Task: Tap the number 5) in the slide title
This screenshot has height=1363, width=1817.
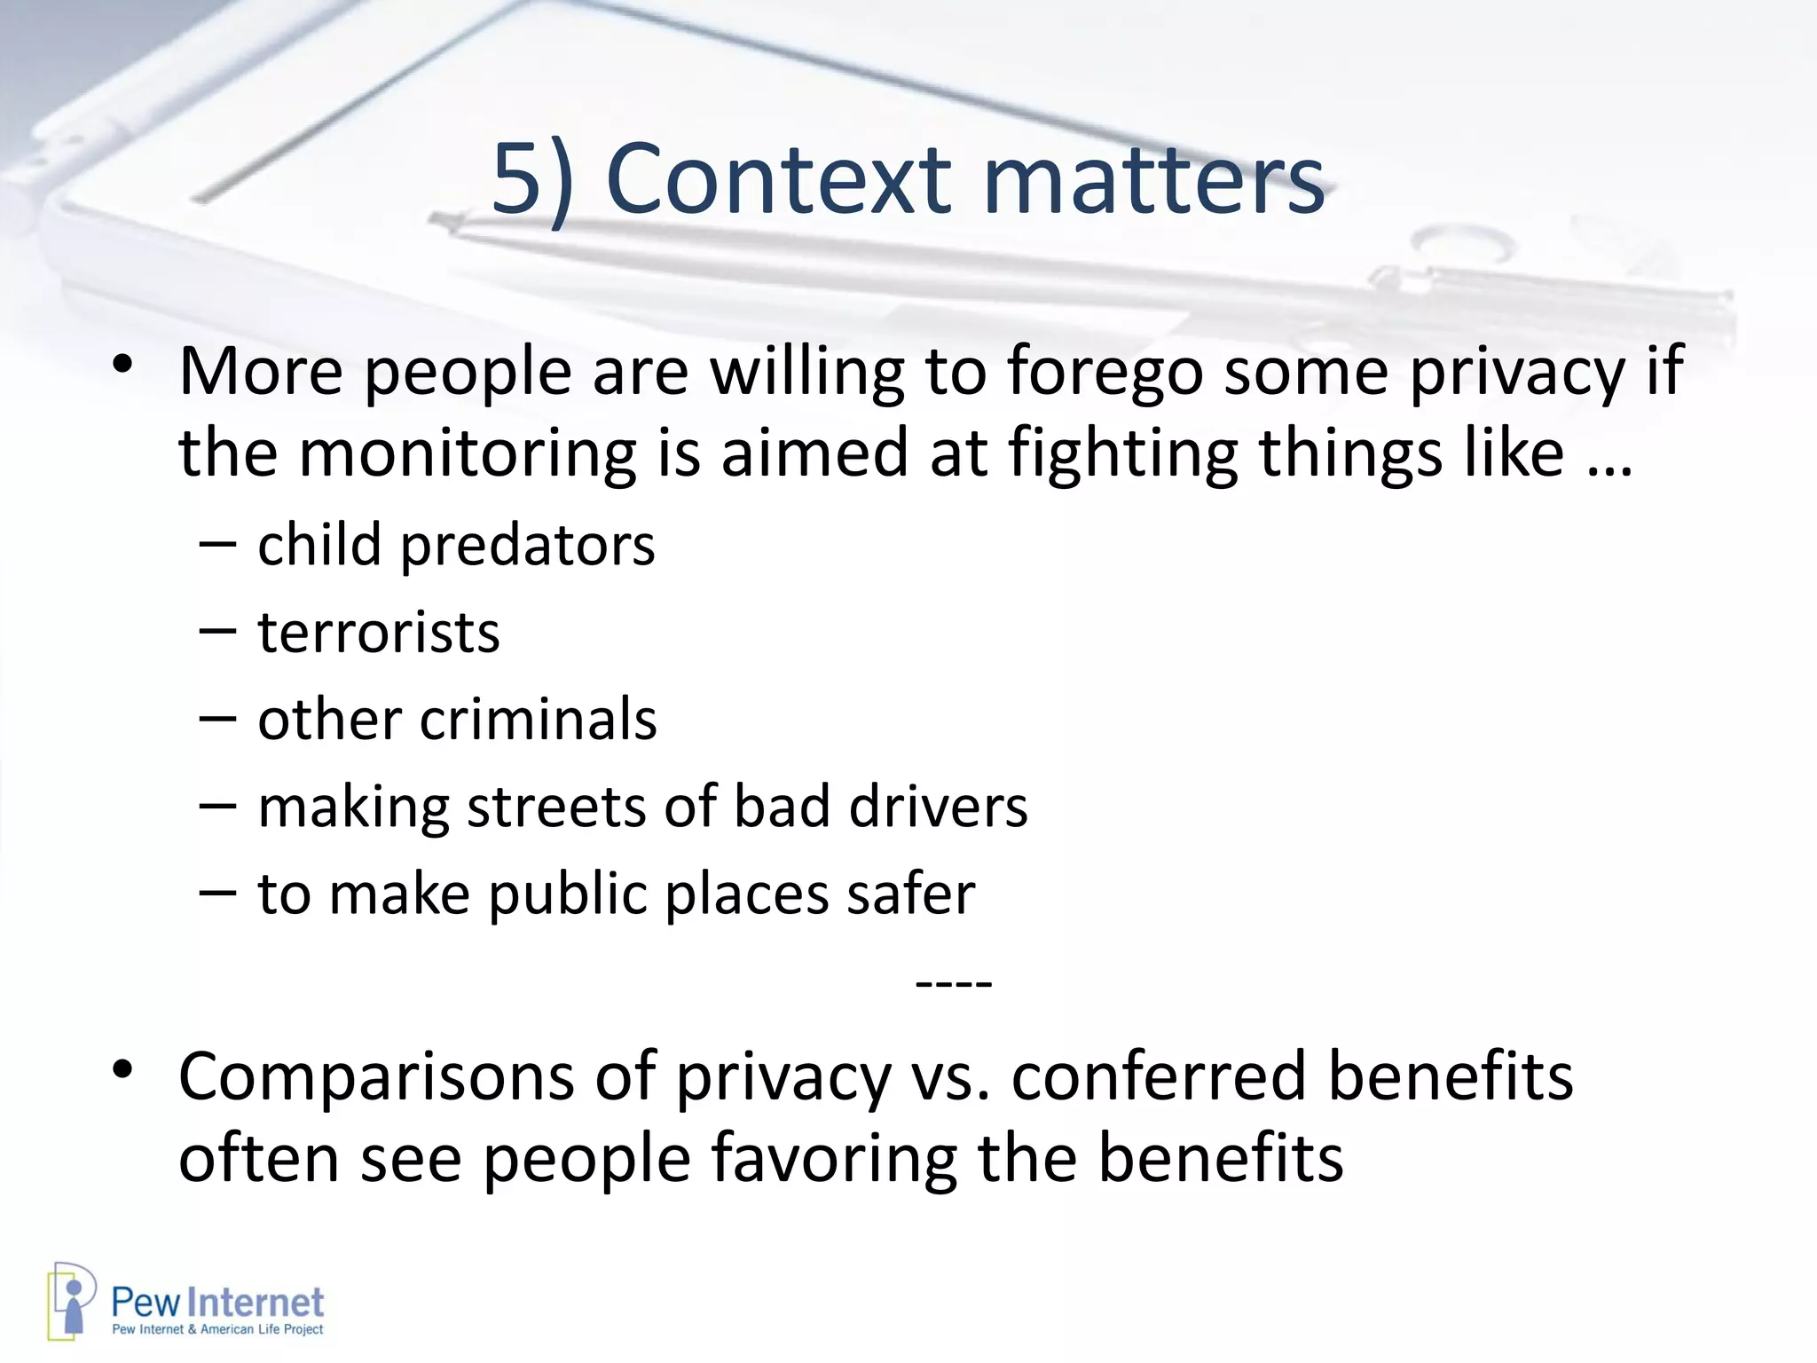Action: pyautogui.click(x=532, y=180)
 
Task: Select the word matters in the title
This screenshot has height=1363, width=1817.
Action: pyautogui.click(x=1153, y=180)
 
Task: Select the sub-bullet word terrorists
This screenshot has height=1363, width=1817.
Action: pyautogui.click(x=379, y=633)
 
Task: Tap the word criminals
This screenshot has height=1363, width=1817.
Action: pyautogui.click(x=538, y=719)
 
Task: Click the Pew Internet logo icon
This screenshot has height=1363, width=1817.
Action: pyautogui.click(x=71, y=1301)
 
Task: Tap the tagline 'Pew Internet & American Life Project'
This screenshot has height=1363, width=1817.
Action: pyautogui.click(x=217, y=1329)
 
